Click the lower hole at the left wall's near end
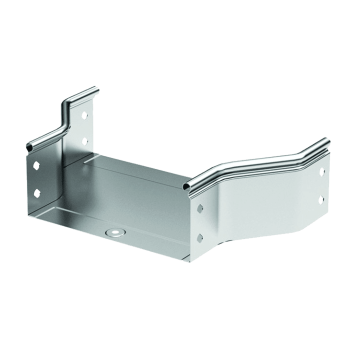pyautogui.click(x=37, y=191)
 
